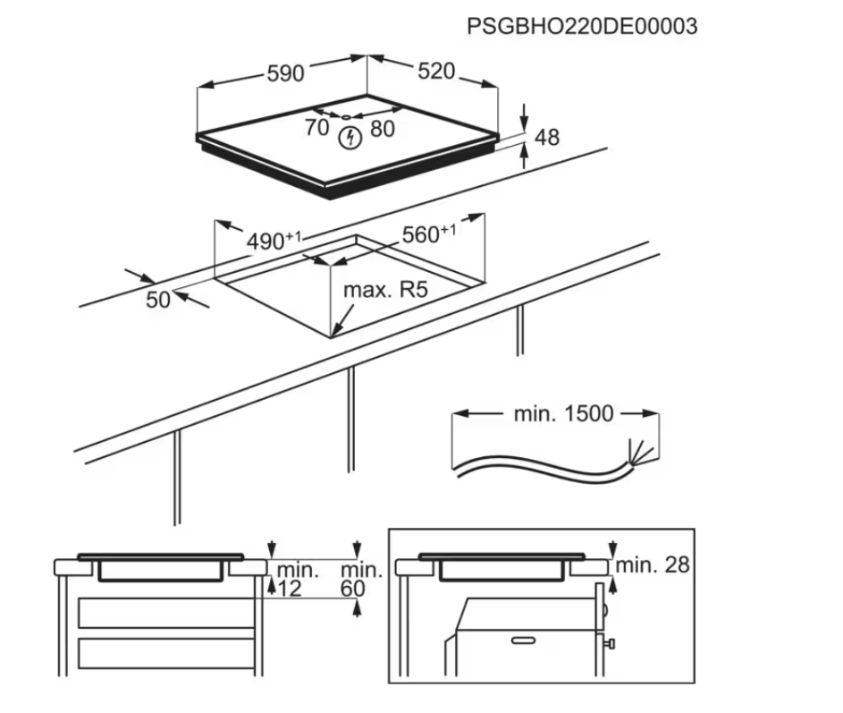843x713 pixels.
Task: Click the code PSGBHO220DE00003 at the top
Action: (581, 26)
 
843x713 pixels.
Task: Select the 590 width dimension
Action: (285, 74)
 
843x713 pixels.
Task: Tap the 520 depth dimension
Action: (436, 72)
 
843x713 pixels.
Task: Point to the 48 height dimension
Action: (546, 137)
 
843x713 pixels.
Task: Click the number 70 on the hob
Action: (316, 128)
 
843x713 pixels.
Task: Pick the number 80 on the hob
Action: (382, 129)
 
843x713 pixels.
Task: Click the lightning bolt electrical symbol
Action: (351, 139)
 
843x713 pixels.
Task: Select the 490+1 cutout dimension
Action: (274, 241)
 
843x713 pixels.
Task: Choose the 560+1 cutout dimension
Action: (428, 234)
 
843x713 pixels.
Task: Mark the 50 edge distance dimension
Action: (157, 300)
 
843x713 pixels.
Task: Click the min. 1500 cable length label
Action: (563, 413)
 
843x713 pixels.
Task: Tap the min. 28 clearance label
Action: (652, 564)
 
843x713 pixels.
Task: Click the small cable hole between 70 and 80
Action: (347, 115)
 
